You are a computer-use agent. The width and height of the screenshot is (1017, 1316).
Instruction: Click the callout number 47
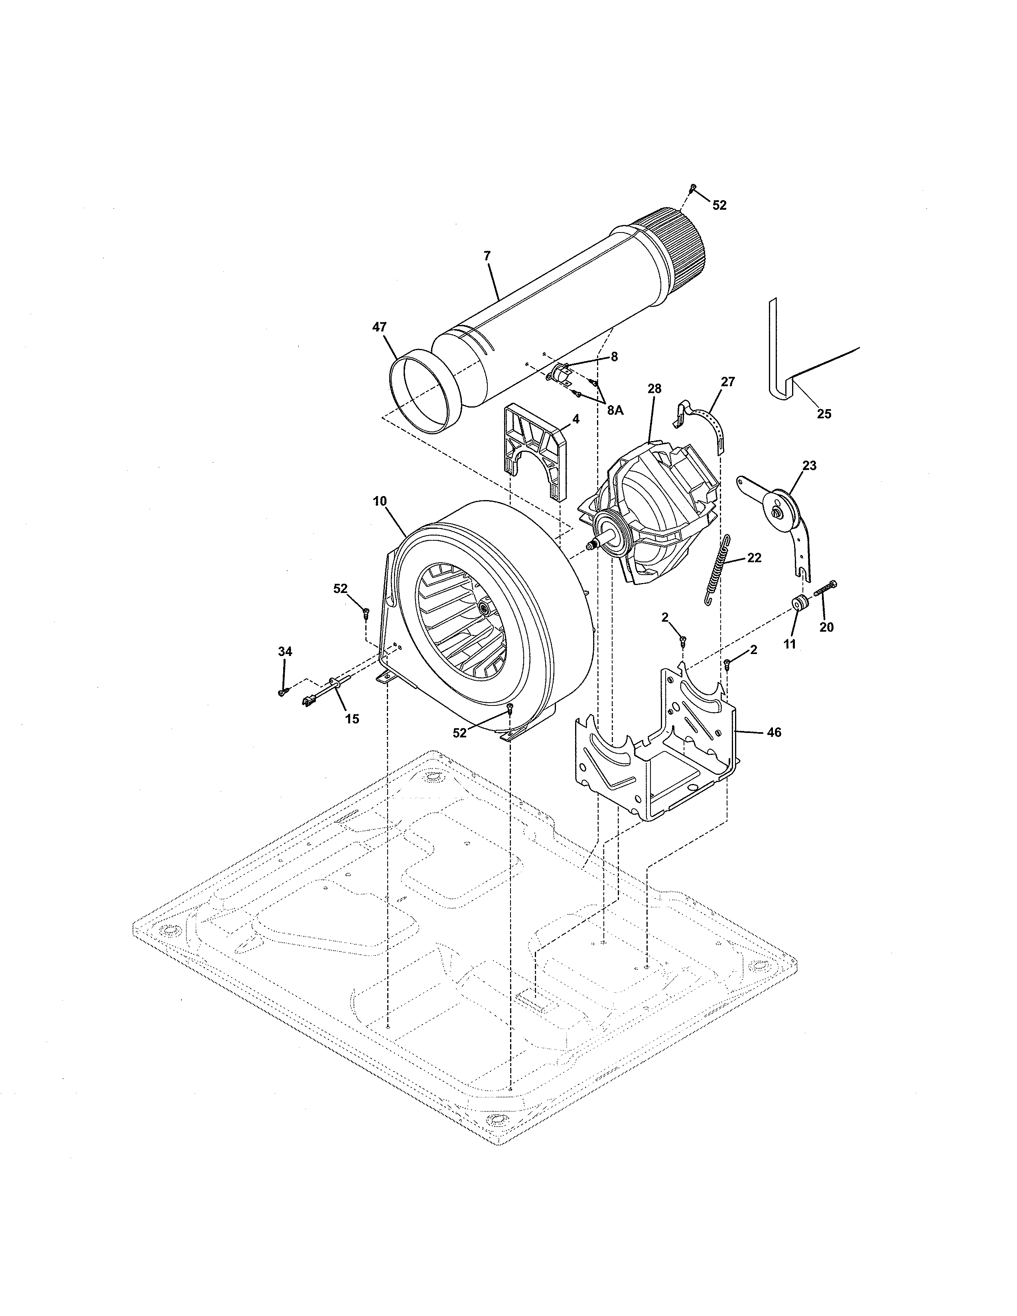point(379,327)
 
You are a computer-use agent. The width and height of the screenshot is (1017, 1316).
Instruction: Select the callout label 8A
point(615,410)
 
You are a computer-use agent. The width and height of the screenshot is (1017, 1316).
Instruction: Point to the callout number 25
point(824,414)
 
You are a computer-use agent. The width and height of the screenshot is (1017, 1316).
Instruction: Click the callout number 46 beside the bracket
point(774,732)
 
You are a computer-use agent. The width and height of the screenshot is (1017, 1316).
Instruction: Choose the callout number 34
point(285,651)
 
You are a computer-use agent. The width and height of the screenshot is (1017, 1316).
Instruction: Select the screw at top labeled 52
point(693,188)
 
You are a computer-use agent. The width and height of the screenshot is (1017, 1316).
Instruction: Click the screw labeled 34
point(281,693)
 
